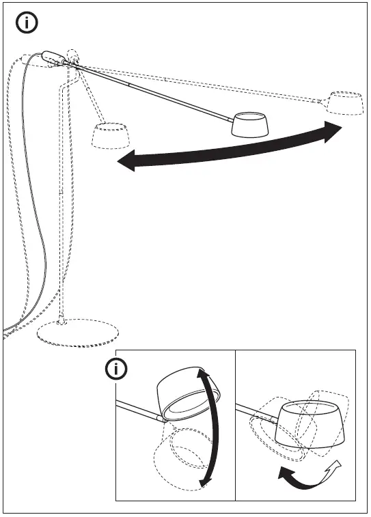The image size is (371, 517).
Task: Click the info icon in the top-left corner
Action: pyautogui.click(x=27, y=23)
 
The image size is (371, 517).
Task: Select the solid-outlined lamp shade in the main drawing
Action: pyautogui.click(x=249, y=125)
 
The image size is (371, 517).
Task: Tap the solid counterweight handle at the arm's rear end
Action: pyautogui.click(x=53, y=58)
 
